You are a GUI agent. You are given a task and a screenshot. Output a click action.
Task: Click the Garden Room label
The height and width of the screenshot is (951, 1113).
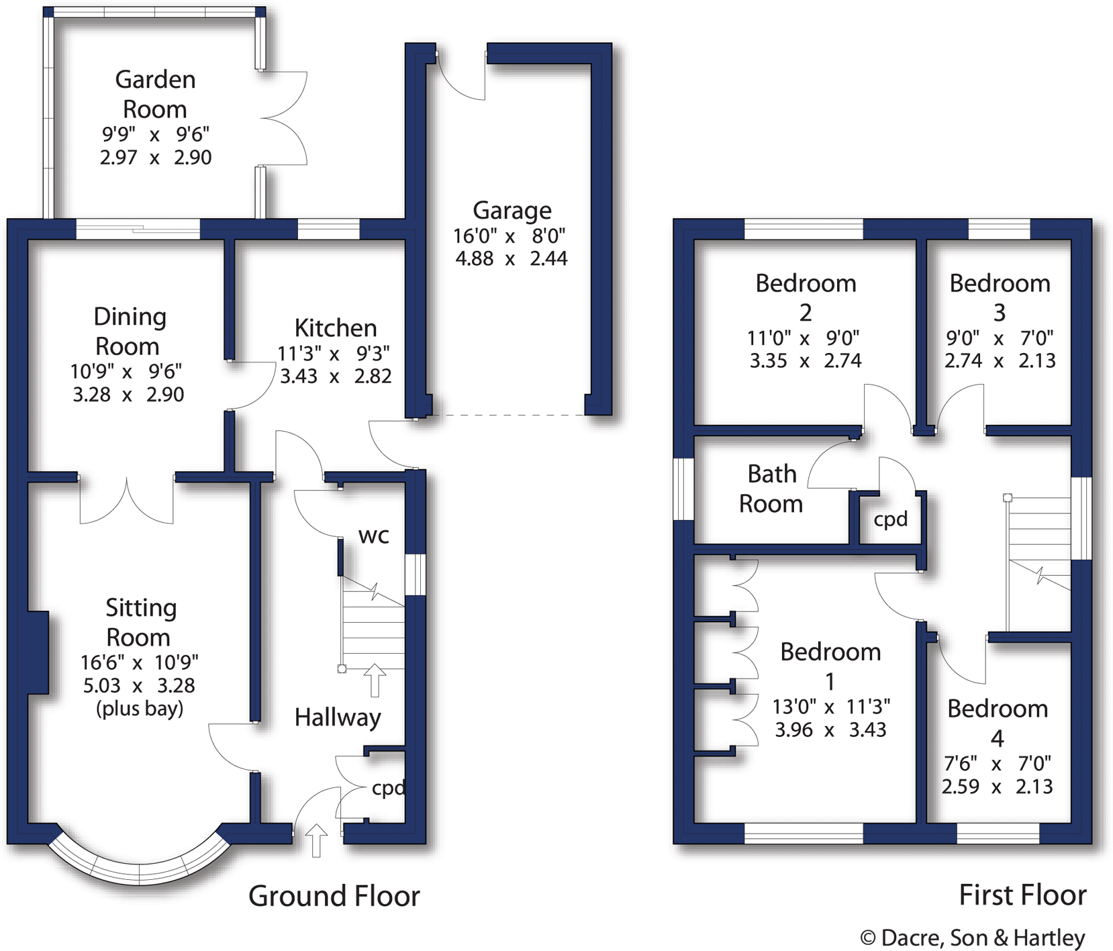155,94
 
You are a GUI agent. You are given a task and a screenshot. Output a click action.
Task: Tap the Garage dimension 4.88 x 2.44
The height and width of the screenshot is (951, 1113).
511,258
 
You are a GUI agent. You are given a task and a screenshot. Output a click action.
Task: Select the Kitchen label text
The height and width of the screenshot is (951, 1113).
335,328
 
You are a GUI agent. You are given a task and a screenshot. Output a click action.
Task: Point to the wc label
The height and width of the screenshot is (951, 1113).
373,536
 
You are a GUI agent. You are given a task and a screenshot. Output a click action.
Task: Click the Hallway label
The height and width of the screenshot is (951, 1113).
337,717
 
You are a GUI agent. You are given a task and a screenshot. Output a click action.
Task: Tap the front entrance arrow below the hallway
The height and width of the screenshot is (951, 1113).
316,840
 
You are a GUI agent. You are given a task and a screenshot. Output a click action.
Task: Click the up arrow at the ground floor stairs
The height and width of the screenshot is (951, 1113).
375,680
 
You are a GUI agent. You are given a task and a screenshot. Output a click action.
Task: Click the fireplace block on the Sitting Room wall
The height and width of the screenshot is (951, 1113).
38,652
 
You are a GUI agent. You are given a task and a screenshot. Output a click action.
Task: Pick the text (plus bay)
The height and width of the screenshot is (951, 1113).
140,709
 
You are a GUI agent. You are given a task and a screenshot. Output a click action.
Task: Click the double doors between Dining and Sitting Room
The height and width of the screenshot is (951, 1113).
127,500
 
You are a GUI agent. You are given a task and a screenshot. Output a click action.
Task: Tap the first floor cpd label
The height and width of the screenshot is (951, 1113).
890,519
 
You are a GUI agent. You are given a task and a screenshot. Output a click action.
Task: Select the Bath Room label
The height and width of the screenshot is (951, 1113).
771,489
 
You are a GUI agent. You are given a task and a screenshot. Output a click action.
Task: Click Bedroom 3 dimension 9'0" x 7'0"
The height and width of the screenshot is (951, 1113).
999,338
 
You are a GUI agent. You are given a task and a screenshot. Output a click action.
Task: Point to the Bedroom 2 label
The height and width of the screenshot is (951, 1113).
806,297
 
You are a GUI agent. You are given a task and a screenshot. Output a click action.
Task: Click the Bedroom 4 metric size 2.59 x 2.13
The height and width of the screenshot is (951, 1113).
997,787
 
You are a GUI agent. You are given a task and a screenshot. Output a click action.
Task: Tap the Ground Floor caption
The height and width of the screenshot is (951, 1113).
334,896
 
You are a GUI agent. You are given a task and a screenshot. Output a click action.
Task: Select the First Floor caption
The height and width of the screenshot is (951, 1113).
1022,895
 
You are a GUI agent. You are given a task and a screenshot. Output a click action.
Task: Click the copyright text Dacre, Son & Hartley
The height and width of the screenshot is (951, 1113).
973,938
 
